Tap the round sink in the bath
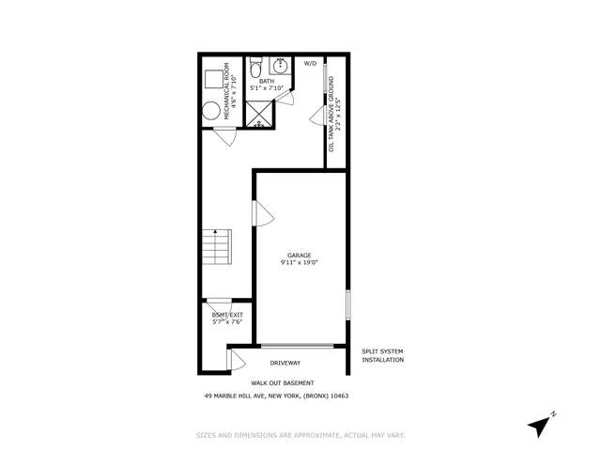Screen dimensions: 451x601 [281, 67]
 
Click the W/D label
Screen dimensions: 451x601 [311, 64]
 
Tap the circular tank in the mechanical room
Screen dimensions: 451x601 [211, 112]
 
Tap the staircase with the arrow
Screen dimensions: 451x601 [217, 249]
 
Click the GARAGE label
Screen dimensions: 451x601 [300, 256]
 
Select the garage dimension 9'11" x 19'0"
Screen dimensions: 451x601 [300, 264]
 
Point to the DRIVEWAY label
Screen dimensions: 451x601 [285, 363]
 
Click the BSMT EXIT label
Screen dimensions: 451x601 [226, 315]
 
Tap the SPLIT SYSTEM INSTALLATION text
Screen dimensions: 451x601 [383, 355]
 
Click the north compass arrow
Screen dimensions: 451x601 [541, 425]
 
